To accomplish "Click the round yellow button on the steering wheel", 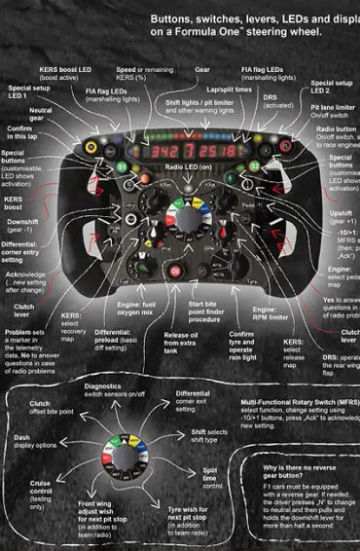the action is click(x=92, y=147).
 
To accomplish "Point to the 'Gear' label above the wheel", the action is click(x=203, y=71).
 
